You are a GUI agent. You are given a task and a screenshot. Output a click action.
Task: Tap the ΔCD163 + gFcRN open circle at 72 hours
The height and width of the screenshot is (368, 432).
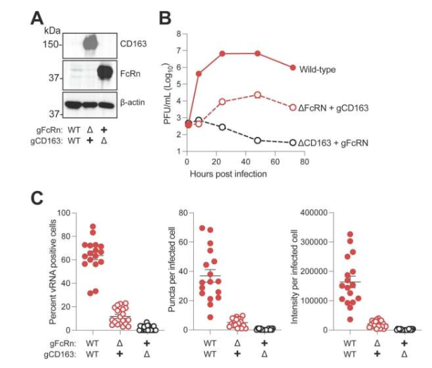pos(293,143)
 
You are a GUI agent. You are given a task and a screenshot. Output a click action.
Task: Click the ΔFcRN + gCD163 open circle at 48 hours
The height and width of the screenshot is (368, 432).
pos(258,95)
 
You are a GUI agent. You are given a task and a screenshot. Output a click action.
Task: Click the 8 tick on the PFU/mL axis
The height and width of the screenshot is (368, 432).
pos(178,33)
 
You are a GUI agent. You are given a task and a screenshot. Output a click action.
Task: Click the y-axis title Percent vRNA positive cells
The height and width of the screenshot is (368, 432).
pos(53,270)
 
